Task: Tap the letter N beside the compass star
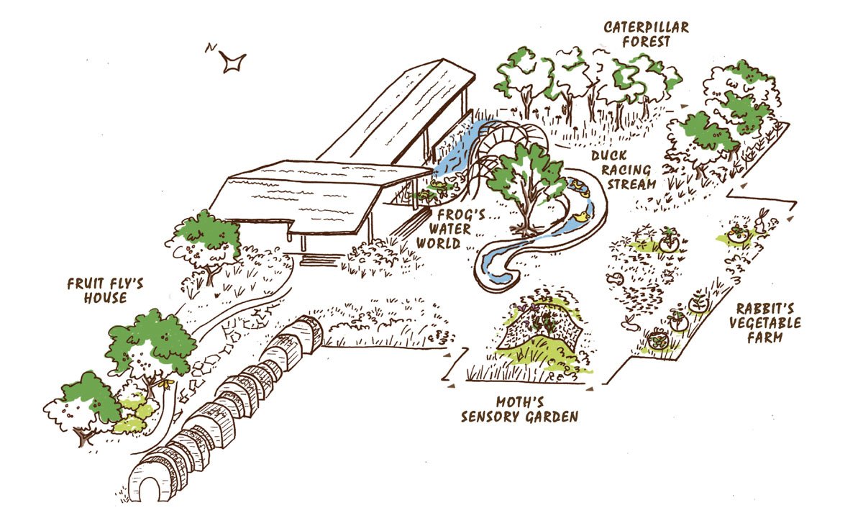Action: [209, 48]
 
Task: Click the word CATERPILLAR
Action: [647, 28]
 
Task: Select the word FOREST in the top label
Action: [647, 42]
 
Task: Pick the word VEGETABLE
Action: [764, 322]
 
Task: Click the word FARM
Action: [764, 337]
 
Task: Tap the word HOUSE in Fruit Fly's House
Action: [103, 297]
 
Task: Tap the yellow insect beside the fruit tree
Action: [166, 384]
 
